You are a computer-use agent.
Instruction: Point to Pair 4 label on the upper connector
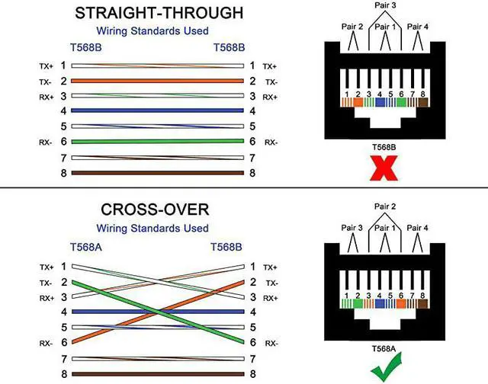(x=418, y=27)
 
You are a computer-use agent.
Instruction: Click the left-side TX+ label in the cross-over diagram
(x=47, y=267)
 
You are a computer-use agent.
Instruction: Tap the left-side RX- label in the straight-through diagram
(x=47, y=142)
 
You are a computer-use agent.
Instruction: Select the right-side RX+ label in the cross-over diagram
(x=270, y=297)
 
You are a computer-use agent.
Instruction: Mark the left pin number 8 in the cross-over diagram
(x=63, y=374)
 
